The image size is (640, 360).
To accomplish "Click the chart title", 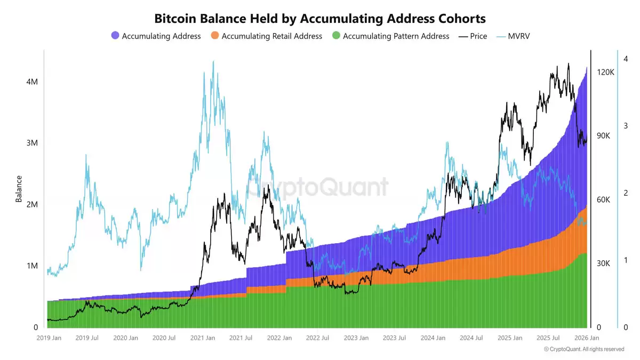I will pyautogui.click(x=320, y=18).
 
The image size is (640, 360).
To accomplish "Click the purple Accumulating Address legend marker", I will pyautogui.click(x=115, y=36).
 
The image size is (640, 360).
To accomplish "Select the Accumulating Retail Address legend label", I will pyautogui.click(x=271, y=36).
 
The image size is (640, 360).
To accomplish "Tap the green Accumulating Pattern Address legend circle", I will pyautogui.click(x=336, y=36).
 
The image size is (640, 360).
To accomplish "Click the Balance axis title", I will pyautogui.click(x=19, y=189).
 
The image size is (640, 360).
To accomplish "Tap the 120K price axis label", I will pyautogui.click(x=605, y=72).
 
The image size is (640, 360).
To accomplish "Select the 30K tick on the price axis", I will pyautogui.click(x=603, y=263).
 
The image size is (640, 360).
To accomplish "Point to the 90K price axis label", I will pyautogui.click(x=603, y=136).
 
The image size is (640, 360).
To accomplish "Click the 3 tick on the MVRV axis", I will pyautogui.click(x=626, y=125).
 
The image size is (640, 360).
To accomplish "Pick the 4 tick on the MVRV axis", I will pyautogui.click(x=626, y=58).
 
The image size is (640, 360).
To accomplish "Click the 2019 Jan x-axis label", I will pyautogui.click(x=50, y=338).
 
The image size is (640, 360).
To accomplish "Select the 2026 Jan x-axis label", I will pyautogui.click(x=587, y=338).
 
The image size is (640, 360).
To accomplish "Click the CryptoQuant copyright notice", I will pyautogui.click(x=583, y=349).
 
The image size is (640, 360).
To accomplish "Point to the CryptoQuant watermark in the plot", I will pyautogui.click(x=317, y=187).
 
